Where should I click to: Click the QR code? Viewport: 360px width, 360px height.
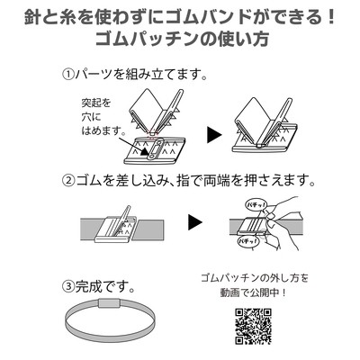[x=253, y=325]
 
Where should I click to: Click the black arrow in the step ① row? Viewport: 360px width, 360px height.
[x=213, y=134]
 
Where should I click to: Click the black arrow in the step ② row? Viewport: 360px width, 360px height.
[x=193, y=220]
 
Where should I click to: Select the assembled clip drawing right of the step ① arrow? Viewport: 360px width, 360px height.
[x=267, y=121]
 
